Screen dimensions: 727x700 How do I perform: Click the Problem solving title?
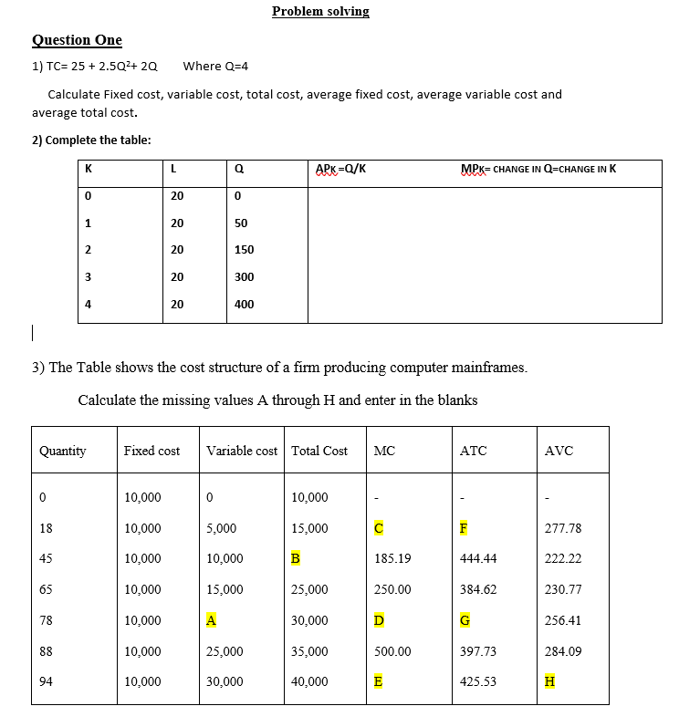[320, 12]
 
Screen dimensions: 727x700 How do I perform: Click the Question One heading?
[77, 40]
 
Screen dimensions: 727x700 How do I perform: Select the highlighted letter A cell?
[211, 620]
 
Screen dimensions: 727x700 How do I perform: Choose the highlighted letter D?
[379, 620]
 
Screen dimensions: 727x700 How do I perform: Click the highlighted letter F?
[464, 528]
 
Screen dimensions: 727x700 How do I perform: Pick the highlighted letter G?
[465, 620]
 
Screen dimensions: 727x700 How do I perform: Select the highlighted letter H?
[549, 681]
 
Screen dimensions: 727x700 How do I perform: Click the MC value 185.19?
[392, 558]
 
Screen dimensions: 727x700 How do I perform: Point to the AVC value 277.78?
[562, 528]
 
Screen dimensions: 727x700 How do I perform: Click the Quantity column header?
[63, 451]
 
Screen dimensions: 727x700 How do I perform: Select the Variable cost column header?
[242, 451]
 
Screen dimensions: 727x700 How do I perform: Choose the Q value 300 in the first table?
[244, 277]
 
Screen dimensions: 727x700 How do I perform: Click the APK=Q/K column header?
[340, 169]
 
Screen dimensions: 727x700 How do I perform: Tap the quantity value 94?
[46, 681]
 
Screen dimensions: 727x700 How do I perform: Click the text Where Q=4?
[215, 67]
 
